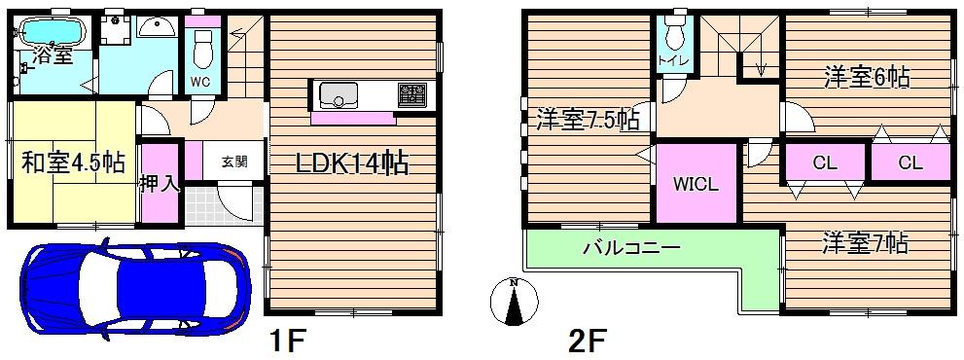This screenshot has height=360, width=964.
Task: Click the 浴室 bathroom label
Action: (x=52, y=55)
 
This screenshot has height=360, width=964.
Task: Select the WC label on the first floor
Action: (x=201, y=81)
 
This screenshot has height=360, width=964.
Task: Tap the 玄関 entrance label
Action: (x=232, y=162)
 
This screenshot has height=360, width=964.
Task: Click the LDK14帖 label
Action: (x=351, y=162)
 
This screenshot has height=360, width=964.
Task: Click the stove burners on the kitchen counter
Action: (x=410, y=94)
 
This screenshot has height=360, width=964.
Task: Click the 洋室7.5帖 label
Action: (x=589, y=120)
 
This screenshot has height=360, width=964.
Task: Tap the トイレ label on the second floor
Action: (x=673, y=61)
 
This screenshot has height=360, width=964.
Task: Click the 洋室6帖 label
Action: (x=867, y=78)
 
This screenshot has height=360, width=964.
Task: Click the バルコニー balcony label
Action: (x=630, y=248)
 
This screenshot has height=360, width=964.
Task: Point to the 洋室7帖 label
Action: (x=864, y=241)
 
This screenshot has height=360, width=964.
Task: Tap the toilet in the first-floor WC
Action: (x=202, y=45)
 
